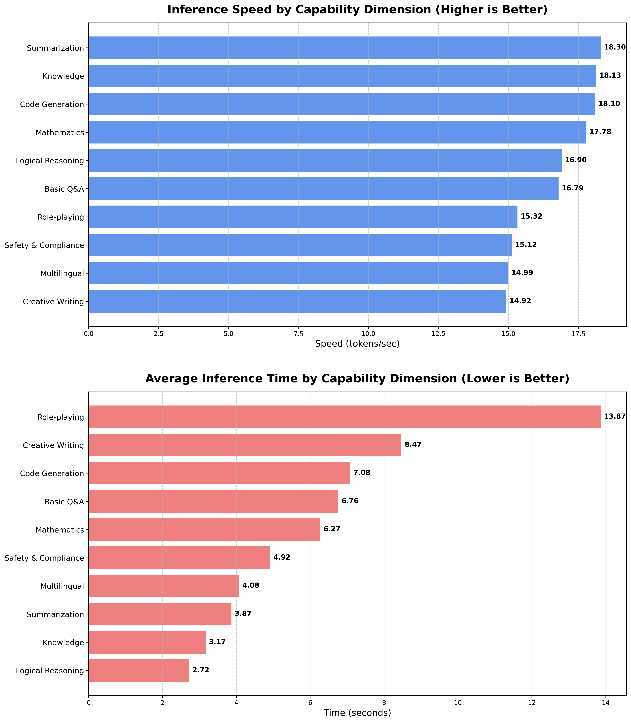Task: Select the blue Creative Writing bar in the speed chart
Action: coord(297,301)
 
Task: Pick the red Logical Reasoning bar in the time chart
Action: coord(139,670)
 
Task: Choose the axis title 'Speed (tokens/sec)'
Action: coord(357,344)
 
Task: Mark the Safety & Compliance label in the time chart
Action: coord(44,558)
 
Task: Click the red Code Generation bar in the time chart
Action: coord(219,473)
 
